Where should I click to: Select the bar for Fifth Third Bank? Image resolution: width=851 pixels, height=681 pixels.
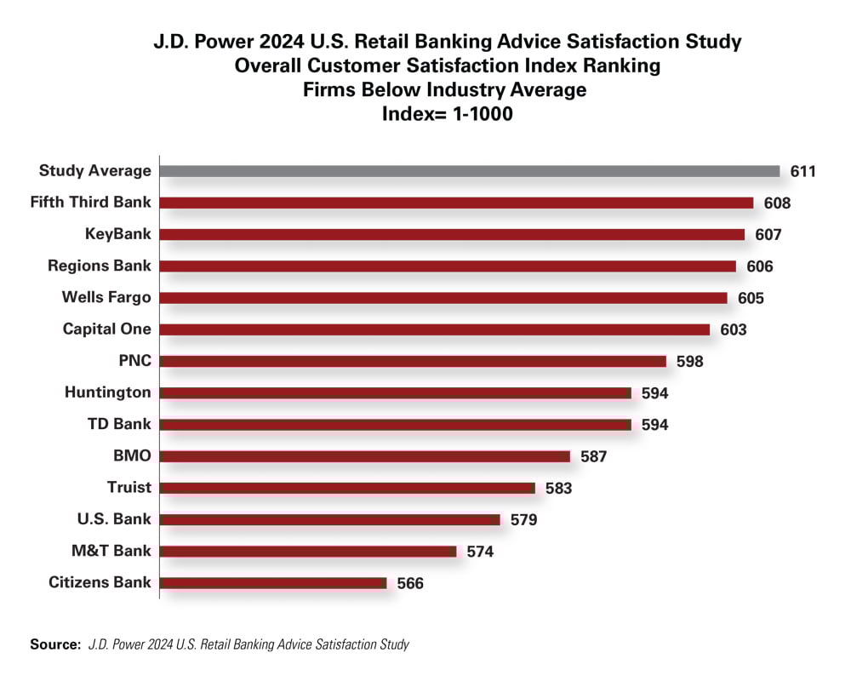tap(456, 203)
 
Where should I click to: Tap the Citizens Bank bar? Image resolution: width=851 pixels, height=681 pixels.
tap(273, 583)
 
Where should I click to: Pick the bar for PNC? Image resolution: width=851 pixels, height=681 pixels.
tap(413, 361)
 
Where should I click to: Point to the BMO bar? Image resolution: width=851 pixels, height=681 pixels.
tap(365, 456)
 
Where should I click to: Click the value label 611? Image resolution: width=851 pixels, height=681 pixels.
tap(803, 171)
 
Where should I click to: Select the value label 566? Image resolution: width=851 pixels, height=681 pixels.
tap(410, 583)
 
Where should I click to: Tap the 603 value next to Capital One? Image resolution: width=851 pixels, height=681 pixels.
tap(733, 329)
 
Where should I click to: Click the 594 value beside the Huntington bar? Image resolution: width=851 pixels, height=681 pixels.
tap(655, 393)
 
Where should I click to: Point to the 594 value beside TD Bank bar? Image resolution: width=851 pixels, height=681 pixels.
tap(655, 425)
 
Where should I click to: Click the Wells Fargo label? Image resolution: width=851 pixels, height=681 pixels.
tap(106, 297)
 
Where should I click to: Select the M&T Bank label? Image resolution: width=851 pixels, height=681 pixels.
tap(111, 551)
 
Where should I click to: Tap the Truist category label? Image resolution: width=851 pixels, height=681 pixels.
tap(129, 488)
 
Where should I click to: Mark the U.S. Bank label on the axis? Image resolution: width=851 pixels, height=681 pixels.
tap(114, 519)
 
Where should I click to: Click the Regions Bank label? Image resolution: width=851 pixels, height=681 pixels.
tap(100, 266)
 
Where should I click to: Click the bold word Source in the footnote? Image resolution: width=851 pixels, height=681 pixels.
tap(55, 644)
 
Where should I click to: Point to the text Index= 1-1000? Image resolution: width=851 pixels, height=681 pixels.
tap(445, 112)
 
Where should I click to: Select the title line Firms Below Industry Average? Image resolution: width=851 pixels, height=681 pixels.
tap(445, 89)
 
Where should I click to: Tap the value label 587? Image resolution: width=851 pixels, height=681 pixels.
tap(593, 456)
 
